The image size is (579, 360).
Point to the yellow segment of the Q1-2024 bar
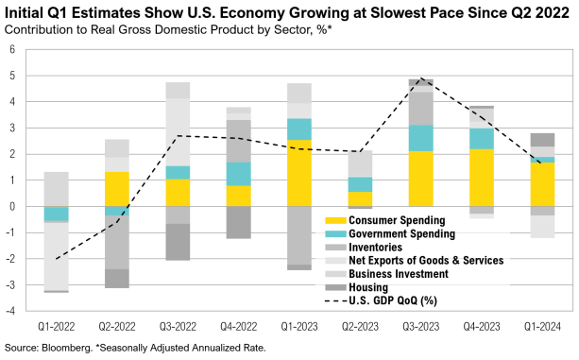pos(542,183)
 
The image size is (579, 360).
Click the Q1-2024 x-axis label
pos(542,326)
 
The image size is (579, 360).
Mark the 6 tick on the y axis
pos(13,49)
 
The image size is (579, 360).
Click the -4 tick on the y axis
pos(11,309)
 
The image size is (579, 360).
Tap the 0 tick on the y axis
pos(13,205)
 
